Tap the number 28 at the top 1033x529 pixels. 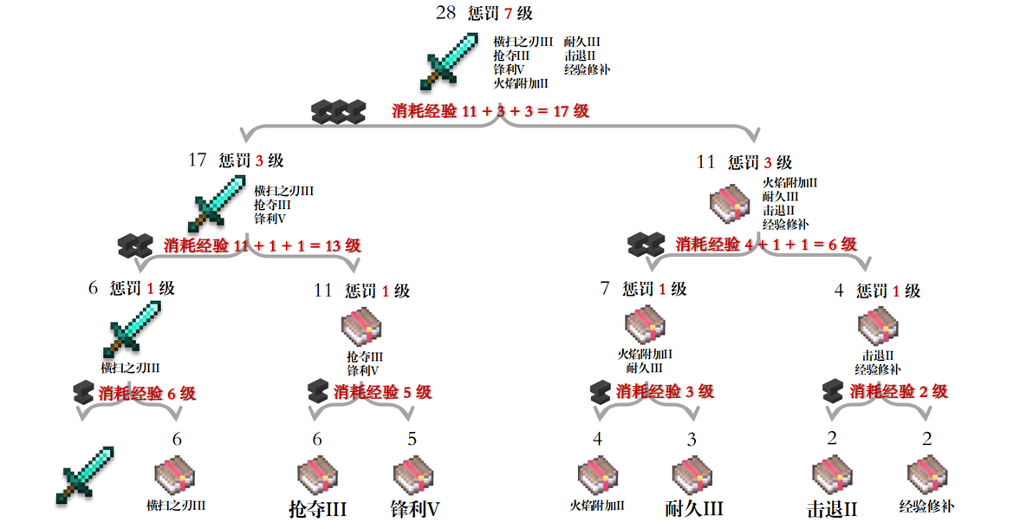(x=445, y=12)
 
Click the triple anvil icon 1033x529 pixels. (x=338, y=112)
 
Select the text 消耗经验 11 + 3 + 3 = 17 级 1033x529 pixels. (x=491, y=111)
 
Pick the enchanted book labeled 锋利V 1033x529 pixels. (x=413, y=476)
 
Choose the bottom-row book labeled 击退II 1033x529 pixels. (x=833, y=476)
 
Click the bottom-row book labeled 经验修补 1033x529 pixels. (x=927, y=476)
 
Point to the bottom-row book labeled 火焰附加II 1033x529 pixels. (x=598, y=476)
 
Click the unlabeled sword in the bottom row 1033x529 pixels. (x=84, y=475)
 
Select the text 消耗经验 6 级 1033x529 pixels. (x=147, y=394)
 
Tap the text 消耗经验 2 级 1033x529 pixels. (x=899, y=391)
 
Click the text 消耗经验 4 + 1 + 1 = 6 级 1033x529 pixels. (x=766, y=244)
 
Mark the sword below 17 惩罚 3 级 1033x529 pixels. (x=217, y=204)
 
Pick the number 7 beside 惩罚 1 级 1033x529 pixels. (x=605, y=288)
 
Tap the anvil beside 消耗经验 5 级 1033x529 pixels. (x=318, y=391)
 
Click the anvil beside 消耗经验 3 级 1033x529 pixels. (x=601, y=391)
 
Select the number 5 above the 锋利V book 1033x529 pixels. (x=413, y=439)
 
